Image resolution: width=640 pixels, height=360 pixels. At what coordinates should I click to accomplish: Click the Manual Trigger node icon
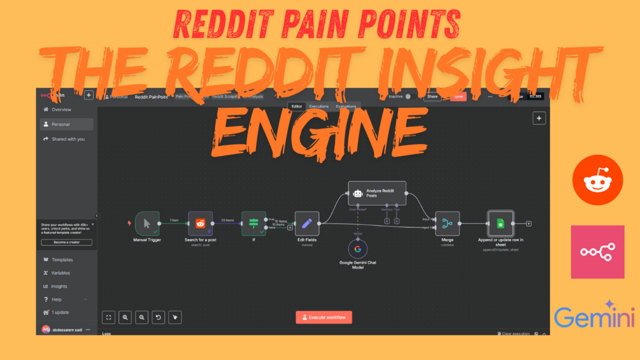tap(147, 224)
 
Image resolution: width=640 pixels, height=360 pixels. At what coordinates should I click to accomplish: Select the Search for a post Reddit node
tap(201, 224)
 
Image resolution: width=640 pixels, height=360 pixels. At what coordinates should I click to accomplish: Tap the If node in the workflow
tap(253, 224)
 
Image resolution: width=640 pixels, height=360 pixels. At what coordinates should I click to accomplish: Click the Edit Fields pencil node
tap(307, 224)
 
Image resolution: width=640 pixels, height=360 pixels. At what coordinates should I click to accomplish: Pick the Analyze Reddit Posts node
tap(377, 193)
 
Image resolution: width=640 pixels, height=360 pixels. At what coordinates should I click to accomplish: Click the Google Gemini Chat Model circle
tap(358, 249)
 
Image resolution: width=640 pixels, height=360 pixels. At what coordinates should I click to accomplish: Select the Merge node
tap(447, 224)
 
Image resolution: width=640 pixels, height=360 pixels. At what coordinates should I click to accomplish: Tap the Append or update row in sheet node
tap(501, 224)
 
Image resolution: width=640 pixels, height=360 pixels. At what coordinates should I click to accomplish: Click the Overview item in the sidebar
tap(62, 110)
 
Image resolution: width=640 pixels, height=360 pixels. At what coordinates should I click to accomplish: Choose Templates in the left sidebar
tap(62, 260)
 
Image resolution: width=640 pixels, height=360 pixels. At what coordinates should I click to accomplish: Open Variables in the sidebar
tap(61, 273)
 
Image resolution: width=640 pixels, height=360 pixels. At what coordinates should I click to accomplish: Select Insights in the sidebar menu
tap(59, 286)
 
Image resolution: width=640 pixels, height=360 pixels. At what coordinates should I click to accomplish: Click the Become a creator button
tap(66, 243)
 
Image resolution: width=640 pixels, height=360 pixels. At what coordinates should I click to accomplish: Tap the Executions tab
tap(318, 106)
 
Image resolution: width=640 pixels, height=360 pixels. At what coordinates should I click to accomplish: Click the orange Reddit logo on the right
tap(597, 180)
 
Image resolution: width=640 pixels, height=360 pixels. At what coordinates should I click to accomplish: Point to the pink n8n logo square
tap(597, 252)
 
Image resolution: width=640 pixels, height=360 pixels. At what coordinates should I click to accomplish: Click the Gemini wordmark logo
tap(594, 317)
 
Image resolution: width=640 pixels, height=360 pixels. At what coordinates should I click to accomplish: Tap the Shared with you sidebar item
tap(68, 139)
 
